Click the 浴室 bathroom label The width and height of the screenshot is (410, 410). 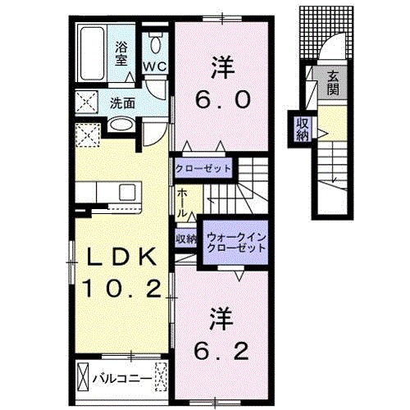pos(121,52)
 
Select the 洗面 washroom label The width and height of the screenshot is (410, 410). pos(123,104)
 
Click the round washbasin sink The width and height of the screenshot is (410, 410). pos(121,125)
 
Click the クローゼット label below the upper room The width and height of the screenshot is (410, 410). pos(203,170)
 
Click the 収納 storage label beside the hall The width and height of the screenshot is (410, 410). pos(185,239)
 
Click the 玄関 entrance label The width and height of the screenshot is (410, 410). pos(334,83)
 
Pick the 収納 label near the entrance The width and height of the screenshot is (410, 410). pos(303,128)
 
